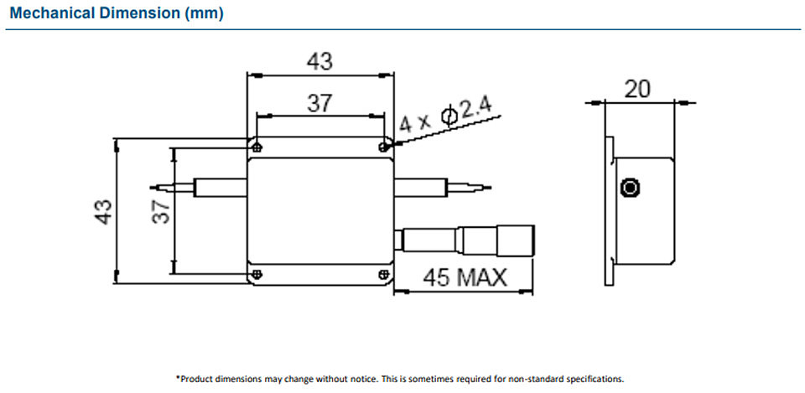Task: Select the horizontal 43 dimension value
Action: (319, 61)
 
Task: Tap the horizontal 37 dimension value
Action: (319, 104)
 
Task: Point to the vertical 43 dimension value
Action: (103, 211)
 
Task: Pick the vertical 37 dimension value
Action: (161, 211)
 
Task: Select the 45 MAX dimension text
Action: (465, 278)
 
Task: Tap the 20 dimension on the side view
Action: (637, 90)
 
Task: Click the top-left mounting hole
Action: (257, 147)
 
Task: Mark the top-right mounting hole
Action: (383, 147)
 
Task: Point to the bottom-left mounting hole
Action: (257, 275)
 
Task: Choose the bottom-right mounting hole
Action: (383, 275)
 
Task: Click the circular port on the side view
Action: (630, 188)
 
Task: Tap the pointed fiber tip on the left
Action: (150, 187)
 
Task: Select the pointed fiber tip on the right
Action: (491, 187)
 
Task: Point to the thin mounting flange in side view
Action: (610, 211)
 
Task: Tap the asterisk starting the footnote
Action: (178, 378)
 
